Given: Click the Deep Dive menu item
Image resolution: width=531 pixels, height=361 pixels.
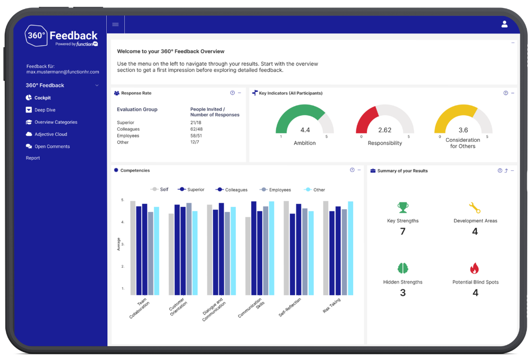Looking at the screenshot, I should pyautogui.click(x=45, y=110).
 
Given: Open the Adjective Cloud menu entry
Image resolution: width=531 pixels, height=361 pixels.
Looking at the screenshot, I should pyautogui.click(x=50, y=134).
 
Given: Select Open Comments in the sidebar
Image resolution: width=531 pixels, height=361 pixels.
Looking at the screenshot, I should pyautogui.click(x=52, y=147).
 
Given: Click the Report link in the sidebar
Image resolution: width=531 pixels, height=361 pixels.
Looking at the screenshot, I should pyautogui.click(x=33, y=158).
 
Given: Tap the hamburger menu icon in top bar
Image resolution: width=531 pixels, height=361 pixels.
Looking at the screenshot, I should pyautogui.click(x=115, y=24).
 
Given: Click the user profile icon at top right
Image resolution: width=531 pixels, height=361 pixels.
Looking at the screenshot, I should pyautogui.click(x=504, y=24).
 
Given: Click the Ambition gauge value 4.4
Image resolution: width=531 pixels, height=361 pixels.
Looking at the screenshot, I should pyautogui.click(x=305, y=130).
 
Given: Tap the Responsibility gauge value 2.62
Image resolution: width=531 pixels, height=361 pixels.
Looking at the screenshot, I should pyautogui.click(x=384, y=130).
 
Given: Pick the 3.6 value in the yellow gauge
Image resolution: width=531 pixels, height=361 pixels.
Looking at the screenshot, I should pyautogui.click(x=463, y=130).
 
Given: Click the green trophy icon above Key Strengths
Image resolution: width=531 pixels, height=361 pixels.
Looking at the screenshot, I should pyautogui.click(x=403, y=208).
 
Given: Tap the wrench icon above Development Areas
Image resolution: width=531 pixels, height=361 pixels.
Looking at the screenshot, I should pyautogui.click(x=475, y=208).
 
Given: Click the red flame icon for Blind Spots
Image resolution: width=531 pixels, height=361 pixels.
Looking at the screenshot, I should pyautogui.click(x=475, y=269).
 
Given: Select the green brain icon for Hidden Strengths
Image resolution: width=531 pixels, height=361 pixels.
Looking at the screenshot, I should pyautogui.click(x=403, y=269).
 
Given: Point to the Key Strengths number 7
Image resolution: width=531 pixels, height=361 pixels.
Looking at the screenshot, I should pyautogui.click(x=402, y=231).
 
